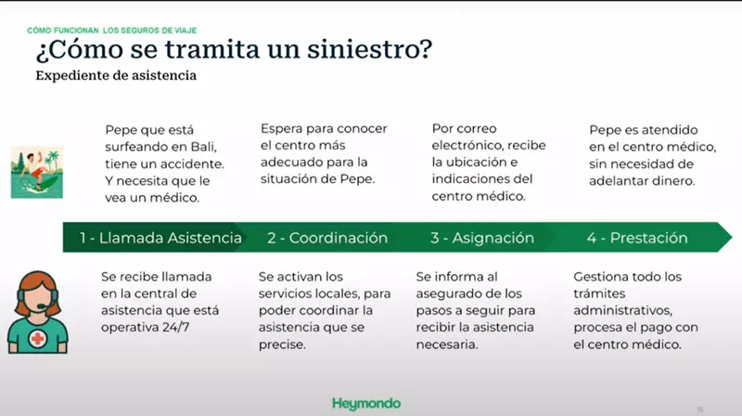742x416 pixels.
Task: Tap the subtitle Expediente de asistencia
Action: pyautogui.click(x=115, y=76)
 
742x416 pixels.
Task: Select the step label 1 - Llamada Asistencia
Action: pyautogui.click(x=160, y=239)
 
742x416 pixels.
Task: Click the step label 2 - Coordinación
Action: pyautogui.click(x=327, y=239)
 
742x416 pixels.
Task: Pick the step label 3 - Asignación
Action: pyautogui.click(x=481, y=239)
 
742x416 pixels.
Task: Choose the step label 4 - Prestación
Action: pyautogui.click(x=637, y=239)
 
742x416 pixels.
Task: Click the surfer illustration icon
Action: pyautogui.click(x=36, y=170)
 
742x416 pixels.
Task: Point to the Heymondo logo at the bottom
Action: pyautogui.click(x=366, y=403)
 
